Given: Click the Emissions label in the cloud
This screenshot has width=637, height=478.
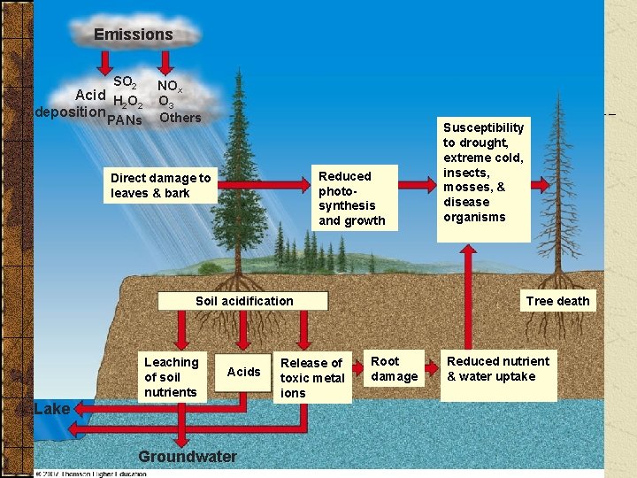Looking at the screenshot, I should click(x=134, y=35).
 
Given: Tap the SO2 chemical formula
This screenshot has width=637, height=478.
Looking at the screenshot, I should click(x=125, y=81).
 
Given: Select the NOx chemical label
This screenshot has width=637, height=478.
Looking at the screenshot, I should click(x=170, y=86).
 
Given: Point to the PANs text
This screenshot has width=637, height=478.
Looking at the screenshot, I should click(x=124, y=120).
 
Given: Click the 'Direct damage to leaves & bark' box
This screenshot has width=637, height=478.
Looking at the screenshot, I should click(x=160, y=185).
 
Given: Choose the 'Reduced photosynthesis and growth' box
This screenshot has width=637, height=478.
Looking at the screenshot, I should click(x=352, y=198).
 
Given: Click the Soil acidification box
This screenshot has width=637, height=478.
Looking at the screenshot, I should click(x=244, y=301).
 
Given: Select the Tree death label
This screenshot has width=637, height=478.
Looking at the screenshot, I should click(x=557, y=301).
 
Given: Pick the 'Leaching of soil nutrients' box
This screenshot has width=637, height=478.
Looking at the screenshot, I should click(x=171, y=376).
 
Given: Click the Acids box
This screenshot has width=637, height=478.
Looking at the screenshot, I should click(x=244, y=372).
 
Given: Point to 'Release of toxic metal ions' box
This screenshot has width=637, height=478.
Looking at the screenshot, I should click(x=312, y=377).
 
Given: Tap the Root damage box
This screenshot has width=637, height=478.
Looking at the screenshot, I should click(x=394, y=368).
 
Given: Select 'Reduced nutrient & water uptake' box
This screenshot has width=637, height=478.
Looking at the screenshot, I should click(x=498, y=368).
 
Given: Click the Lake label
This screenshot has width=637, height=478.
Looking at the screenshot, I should click(x=50, y=408).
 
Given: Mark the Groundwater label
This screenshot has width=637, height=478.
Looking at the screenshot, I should click(x=188, y=457).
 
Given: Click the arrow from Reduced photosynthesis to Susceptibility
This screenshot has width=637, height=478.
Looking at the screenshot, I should click(x=416, y=187).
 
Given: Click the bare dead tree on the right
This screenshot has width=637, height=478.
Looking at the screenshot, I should click(x=557, y=204).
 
